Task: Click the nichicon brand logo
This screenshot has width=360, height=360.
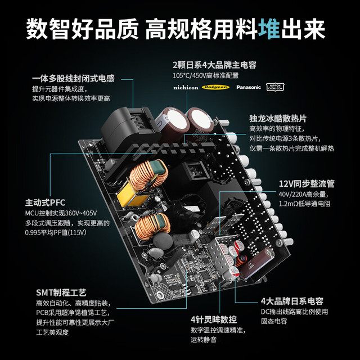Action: point(186,88)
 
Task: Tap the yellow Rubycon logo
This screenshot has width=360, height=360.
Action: point(215,87)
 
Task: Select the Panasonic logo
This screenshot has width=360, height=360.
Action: point(249,87)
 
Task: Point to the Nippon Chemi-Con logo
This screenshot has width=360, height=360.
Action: point(275,87)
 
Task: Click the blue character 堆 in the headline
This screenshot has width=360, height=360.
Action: point(269,29)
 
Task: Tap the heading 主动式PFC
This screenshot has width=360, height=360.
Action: point(45,202)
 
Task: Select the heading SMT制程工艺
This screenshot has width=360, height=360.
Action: point(61,292)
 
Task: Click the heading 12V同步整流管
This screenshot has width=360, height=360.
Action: point(307,184)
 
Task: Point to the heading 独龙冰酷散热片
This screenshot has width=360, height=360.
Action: point(278,119)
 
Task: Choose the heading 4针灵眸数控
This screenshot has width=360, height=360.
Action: point(214,319)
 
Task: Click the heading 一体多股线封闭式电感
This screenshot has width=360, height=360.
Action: point(73,79)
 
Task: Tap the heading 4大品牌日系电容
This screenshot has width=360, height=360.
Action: point(292,301)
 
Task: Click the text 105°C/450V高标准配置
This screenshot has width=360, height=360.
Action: point(205,75)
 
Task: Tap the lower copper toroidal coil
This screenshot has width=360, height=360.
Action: point(152,226)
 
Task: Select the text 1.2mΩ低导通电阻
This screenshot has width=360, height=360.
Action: point(304,204)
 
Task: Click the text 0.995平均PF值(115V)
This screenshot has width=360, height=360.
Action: point(56,232)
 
